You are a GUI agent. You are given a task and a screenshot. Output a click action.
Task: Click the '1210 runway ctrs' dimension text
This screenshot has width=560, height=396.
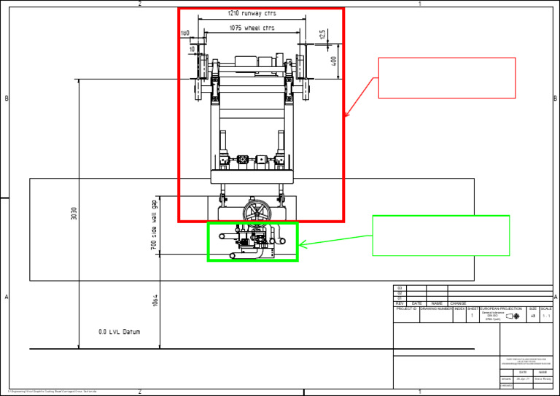pos(252,13)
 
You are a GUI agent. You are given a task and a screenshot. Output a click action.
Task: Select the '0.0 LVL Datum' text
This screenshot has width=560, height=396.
pos(119,332)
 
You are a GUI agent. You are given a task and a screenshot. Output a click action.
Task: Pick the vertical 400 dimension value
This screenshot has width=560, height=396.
pos(335,61)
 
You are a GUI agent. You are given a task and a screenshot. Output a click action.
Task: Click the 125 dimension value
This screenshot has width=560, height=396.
pos(322,35)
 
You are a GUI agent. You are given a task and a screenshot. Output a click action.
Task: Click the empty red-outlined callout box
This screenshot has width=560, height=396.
pos(446,77)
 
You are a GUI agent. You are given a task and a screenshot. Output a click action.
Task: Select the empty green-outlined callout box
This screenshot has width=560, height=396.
pos(440,235)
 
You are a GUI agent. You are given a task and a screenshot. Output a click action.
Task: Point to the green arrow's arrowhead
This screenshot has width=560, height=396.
pos(301,245)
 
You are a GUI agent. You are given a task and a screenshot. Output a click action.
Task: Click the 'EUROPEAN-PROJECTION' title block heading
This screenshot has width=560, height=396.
pos(501,308)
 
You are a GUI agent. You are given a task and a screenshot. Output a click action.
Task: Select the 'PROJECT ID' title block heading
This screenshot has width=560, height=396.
pos(406,308)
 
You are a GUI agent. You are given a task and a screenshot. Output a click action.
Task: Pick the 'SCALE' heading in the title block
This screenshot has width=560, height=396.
pos(546,308)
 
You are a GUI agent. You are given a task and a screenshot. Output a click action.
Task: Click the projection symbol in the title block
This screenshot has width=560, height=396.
pos(513,317)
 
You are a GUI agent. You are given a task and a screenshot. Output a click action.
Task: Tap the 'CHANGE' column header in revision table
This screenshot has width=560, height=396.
pos(458,303)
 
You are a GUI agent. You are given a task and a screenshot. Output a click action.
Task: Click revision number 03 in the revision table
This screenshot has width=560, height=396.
pos(400,288)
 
